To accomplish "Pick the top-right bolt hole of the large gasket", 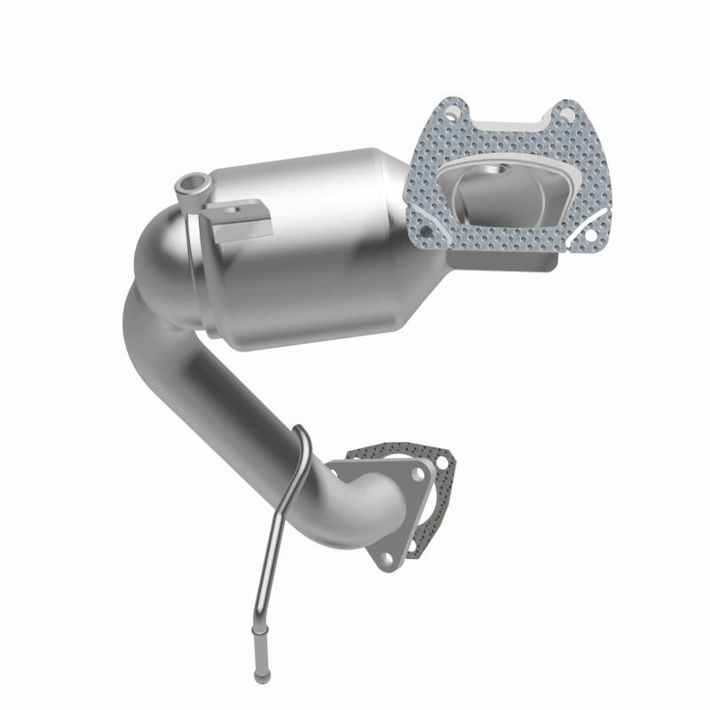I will (x=561, y=113).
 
